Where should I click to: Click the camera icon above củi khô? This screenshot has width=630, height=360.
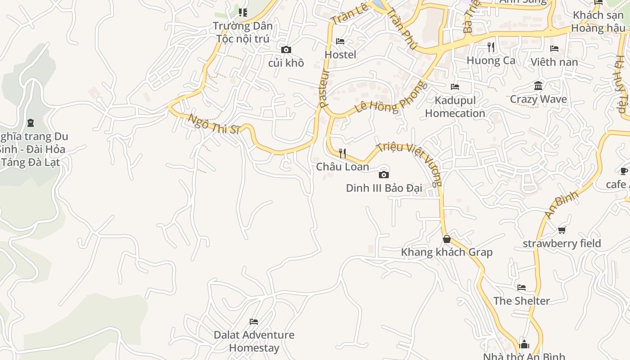tap(286, 50)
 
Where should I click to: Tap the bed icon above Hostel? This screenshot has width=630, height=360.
tap(340, 41)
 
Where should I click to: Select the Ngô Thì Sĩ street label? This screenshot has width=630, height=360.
tap(213, 124)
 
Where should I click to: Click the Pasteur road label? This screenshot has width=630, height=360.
tap(324, 88)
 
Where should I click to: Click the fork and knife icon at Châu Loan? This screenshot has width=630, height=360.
tap(342, 153)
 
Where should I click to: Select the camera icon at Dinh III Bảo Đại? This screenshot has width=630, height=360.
tap(383, 175)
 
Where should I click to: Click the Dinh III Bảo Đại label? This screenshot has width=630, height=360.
tap(384, 188)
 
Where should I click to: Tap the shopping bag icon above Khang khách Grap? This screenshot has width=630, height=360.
tap(446, 239)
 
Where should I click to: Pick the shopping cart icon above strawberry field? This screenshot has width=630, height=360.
tap(562, 230)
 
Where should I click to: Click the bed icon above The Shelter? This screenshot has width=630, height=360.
tap(522, 288)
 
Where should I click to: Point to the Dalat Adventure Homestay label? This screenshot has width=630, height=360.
tap(254, 341)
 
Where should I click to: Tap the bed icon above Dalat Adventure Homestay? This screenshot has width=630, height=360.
tap(254, 322)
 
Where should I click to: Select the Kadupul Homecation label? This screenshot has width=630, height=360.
tap(455, 107)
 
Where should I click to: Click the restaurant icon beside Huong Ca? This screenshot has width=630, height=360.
tap(491, 47)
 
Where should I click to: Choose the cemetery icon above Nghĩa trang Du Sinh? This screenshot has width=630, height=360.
tap(31, 122)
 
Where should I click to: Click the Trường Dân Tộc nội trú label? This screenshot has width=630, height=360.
tap(243, 32)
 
